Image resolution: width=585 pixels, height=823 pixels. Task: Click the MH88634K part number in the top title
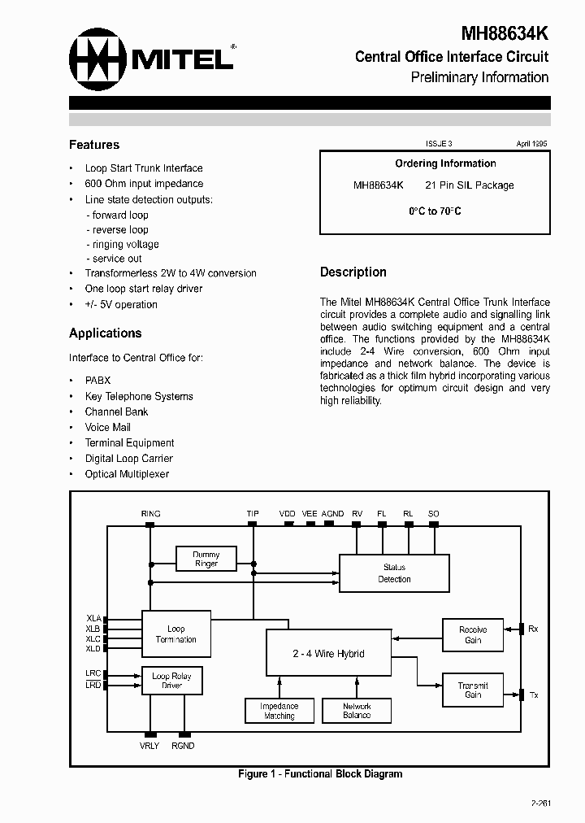pyautogui.click(x=505, y=33)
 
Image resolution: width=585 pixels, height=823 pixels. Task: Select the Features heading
pyautogui.click(x=94, y=145)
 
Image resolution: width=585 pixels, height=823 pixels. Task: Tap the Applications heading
pyautogui.click(x=105, y=333)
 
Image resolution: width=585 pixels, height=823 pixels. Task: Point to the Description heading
pyautogui.click(x=353, y=272)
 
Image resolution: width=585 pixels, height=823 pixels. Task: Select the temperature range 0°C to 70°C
pyautogui.click(x=435, y=211)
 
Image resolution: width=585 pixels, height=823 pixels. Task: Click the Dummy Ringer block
pyautogui.click(x=206, y=559)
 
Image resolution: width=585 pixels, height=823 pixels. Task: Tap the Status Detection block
pyautogui.click(x=394, y=573)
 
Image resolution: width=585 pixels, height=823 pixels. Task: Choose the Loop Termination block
pyautogui.click(x=176, y=634)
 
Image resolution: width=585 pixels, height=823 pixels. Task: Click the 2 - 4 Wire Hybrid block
pyautogui.click(x=328, y=653)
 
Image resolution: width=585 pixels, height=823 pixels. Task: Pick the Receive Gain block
pyautogui.click(x=473, y=634)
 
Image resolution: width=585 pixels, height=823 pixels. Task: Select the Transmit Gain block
pyautogui.click(x=473, y=690)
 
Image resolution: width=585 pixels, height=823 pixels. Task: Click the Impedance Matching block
pyautogui.click(x=279, y=711)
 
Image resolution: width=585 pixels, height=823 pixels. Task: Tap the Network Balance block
pyautogui.click(x=357, y=711)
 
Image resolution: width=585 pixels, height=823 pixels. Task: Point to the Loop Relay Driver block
pyautogui.click(x=171, y=681)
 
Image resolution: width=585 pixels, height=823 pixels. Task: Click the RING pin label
pyautogui.click(x=150, y=514)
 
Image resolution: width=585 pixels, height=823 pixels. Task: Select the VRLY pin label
pyautogui.click(x=150, y=745)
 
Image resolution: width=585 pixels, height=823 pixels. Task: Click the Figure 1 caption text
pyautogui.click(x=319, y=773)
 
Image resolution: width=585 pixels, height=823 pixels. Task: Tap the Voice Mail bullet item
pyautogui.click(x=107, y=427)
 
